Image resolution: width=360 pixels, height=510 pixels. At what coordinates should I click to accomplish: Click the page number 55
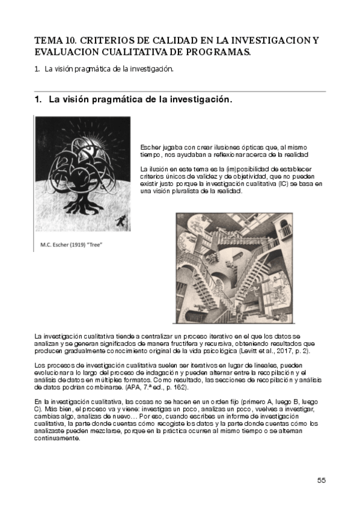point(322,480)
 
